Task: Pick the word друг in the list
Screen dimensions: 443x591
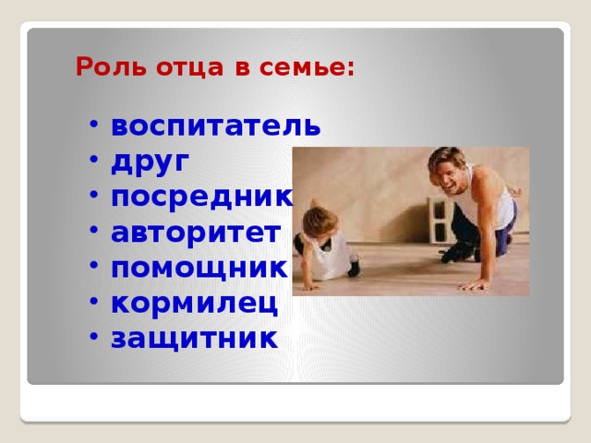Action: pos(151,161)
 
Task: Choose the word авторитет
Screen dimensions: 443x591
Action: pos(194,232)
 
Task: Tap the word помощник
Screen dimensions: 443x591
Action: pos(199,268)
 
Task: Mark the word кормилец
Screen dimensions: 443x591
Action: pos(193,303)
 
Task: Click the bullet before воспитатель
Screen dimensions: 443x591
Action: pos(96,126)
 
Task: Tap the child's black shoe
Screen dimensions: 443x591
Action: pos(353,269)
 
